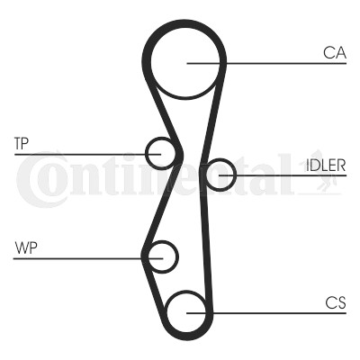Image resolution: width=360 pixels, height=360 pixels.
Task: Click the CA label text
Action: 335,53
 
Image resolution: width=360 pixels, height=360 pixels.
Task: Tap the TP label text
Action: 22,144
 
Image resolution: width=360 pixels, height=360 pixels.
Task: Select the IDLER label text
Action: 326,165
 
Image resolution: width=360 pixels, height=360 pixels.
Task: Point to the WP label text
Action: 26,247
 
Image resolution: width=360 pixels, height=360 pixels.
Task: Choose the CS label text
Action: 336,302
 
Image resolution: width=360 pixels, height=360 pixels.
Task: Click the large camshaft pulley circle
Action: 151,64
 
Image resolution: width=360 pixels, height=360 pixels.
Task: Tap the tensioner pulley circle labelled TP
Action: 147,154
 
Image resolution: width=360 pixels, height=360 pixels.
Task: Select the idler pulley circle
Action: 235,175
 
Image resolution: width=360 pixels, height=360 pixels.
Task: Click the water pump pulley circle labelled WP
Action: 177,257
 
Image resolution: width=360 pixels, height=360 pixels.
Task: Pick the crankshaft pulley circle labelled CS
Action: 166,312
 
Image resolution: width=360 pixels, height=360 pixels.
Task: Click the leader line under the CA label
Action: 266,63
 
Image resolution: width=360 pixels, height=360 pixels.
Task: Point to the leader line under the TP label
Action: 87,155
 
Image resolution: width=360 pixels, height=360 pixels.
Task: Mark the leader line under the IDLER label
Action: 283,175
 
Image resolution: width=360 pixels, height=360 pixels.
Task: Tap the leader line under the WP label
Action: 88,258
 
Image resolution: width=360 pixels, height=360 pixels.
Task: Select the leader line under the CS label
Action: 266,313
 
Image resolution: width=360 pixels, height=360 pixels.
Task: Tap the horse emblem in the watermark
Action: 321,177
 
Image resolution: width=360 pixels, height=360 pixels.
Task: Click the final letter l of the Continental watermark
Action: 283,174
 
